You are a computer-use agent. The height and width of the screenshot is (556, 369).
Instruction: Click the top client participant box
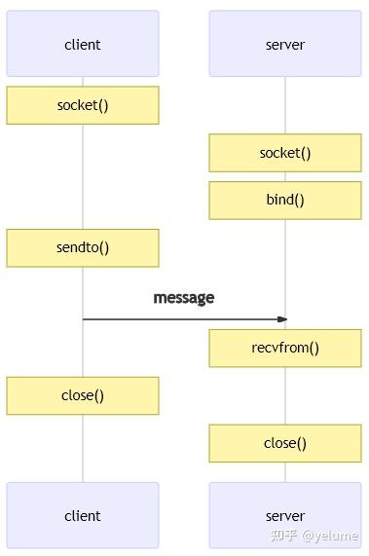coord(83,44)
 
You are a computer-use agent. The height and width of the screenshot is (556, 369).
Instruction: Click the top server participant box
coord(285,44)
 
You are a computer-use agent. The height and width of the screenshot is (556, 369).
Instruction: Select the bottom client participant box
coord(83,515)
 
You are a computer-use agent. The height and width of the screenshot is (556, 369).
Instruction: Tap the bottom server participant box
coord(285,515)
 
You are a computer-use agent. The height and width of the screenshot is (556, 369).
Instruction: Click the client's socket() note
coord(83,105)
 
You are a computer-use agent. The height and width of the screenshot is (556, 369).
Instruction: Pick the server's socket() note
coord(285,153)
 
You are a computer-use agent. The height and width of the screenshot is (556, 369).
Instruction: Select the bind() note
coord(285,201)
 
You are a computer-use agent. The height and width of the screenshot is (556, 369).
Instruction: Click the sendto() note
coord(83,247)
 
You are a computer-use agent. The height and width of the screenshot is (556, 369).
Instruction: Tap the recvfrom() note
coord(285,348)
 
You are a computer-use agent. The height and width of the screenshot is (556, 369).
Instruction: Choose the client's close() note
coord(83,395)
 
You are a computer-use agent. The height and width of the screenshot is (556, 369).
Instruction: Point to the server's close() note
coord(285,443)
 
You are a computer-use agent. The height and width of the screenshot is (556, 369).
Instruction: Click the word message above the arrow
coord(184,298)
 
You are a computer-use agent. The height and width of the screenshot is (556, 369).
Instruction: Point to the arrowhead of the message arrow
coord(283,319)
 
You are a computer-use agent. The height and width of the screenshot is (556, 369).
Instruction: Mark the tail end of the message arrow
coord(85,319)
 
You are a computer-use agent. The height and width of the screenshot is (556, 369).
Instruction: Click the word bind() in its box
coord(285,201)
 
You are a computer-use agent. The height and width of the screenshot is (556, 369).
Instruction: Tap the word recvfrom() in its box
coord(285,348)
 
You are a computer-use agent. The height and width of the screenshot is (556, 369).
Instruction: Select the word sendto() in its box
coord(83,247)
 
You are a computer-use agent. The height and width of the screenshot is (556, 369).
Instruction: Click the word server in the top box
coord(285,45)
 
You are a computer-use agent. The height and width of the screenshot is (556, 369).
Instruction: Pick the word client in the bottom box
coord(83,516)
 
